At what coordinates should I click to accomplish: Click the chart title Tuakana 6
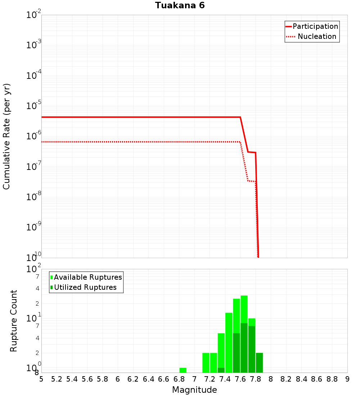[x=180, y=5]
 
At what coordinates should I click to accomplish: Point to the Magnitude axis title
[x=194, y=390]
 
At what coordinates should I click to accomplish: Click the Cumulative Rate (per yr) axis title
[x=6, y=136]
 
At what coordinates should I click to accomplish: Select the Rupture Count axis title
[x=14, y=321]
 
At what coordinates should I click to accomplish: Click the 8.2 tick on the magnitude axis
[x=286, y=379]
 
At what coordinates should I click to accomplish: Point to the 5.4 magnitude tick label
[x=72, y=379]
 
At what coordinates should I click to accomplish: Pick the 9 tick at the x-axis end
[x=347, y=379]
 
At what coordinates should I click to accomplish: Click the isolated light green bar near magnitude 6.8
[x=183, y=370]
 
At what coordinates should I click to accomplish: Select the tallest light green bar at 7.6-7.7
[x=244, y=310]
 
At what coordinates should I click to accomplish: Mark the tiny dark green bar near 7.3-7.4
[x=221, y=370]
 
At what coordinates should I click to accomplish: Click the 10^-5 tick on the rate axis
[x=34, y=106]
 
